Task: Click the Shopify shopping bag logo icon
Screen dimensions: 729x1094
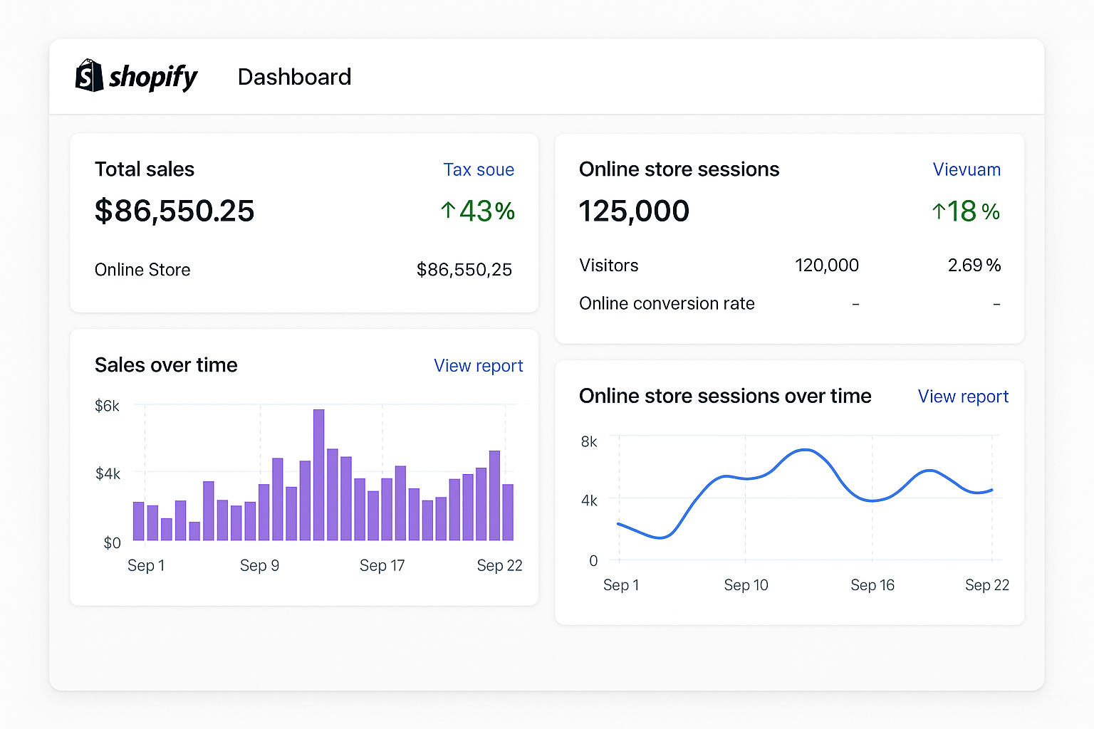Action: point(89,75)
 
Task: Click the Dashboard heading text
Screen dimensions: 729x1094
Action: point(294,77)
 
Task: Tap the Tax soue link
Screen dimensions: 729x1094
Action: point(479,169)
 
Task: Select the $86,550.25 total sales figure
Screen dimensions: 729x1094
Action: point(174,211)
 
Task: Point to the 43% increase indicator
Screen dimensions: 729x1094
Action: point(478,211)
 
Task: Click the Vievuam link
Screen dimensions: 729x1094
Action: point(967,169)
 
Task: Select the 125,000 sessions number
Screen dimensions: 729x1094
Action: point(634,211)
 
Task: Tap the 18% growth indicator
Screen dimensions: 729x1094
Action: point(966,211)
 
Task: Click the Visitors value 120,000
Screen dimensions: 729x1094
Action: point(826,266)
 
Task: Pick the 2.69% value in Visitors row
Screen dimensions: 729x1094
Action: point(974,266)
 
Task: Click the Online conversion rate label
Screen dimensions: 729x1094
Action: point(667,303)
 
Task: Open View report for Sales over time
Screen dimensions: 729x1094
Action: point(478,366)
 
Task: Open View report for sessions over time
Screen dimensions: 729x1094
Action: point(963,397)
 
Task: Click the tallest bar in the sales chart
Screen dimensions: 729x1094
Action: point(318,474)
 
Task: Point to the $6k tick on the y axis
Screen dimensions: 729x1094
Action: point(107,406)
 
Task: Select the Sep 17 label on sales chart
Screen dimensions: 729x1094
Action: point(382,565)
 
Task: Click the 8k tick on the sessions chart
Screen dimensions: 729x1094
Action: point(589,441)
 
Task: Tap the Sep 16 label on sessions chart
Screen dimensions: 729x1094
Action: point(872,585)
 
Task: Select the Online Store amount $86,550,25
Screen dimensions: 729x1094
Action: point(464,270)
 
